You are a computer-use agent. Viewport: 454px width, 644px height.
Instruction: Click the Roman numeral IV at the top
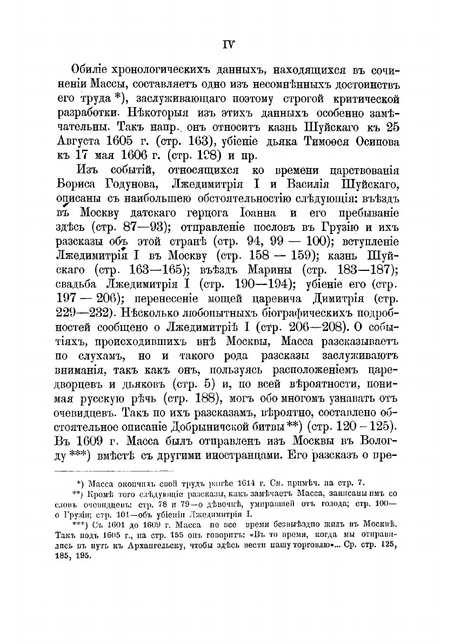(228, 43)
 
